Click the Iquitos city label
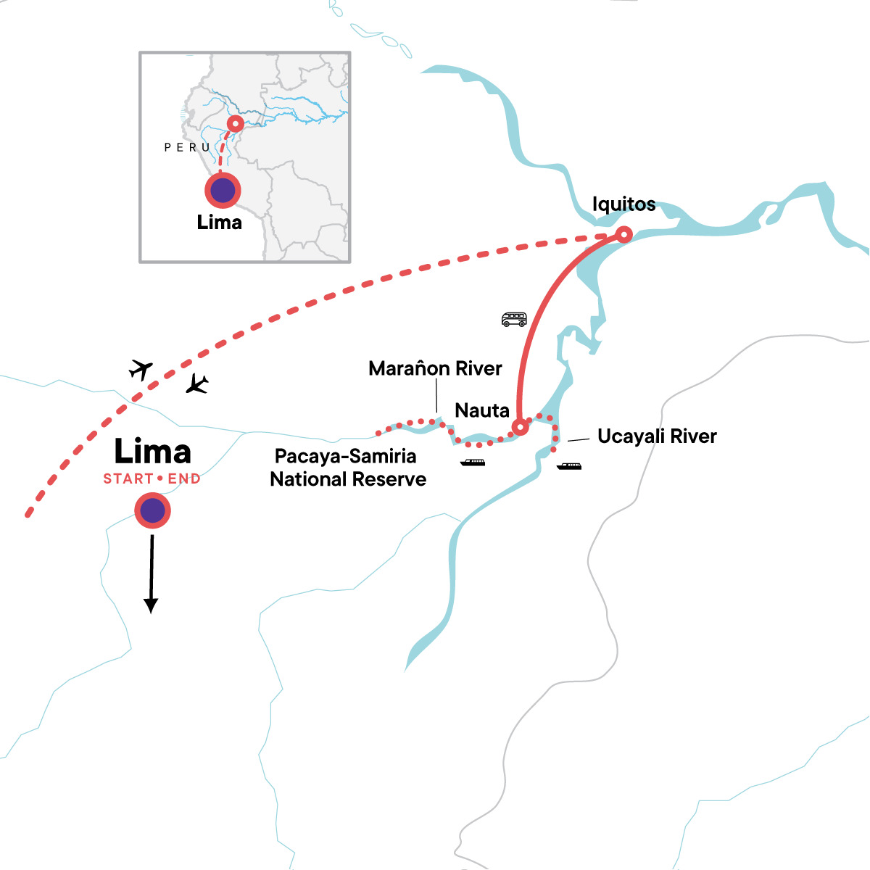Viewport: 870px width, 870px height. pyautogui.click(x=623, y=204)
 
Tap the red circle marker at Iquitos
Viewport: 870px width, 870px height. pyautogui.click(x=623, y=234)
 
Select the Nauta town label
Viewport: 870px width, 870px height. pyautogui.click(x=482, y=410)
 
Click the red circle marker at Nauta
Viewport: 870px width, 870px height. pyautogui.click(x=520, y=427)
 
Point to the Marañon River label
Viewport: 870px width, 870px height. pyautogui.click(x=435, y=368)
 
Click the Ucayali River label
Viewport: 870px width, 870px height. pyautogui.click(x=657, y=436)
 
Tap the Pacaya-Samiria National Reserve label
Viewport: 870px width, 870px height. pyautogui.click(x=347, y=468)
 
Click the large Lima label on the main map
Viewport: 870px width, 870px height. pyautogui.click(x=152, y=452)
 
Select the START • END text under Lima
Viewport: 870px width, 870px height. pyautogui.click(x=152, y=478)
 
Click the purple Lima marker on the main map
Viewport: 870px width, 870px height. pyautogui.click(x=152, y=511)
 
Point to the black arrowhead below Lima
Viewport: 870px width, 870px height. pyautogui.click(x=151, y=605)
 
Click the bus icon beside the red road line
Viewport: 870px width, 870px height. pyautogui.click(x=514, y=319)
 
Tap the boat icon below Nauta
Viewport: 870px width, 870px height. pyautogui.click(x=473, y=463)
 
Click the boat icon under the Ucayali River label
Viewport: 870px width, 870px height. pyautogui.click(x=569, y=466)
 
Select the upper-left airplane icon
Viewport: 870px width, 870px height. pyautogui.click(x=141, y=369)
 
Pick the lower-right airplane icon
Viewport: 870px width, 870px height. pyautogui.click(x=196, y=384)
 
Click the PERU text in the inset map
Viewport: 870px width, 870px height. pyautogui.click(x=187, y=147)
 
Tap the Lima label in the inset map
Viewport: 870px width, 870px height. pyautogui.click(x=219, y=222)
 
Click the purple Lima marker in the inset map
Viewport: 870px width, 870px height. pyautogui.click(x=223, y=191)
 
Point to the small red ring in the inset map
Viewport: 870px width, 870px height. pyautogui.click(x=235, y=124)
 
